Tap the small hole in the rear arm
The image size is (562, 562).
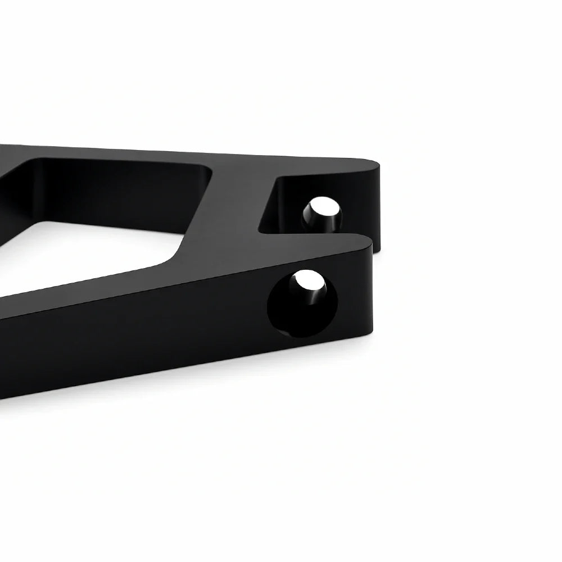[322, 214]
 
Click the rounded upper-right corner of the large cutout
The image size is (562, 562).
[208, 169]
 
